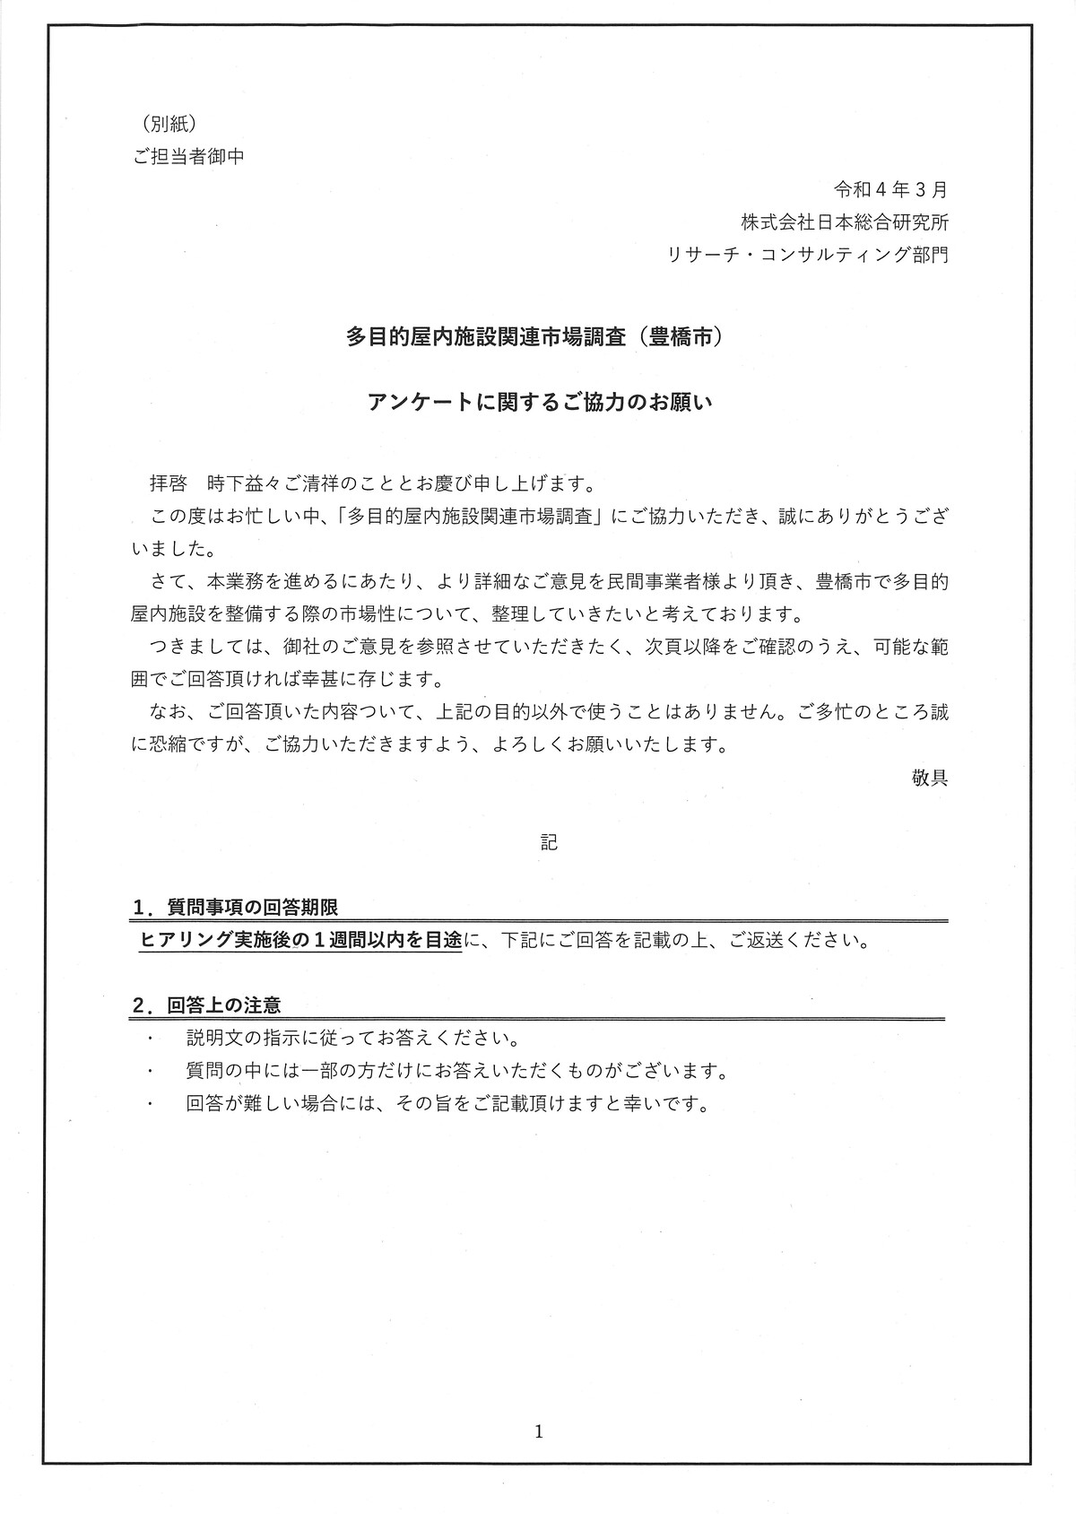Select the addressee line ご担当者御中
coord(188,156)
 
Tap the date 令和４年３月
coord(889,189)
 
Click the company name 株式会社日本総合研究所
coord(844,222)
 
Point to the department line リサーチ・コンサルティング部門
coord(807,255)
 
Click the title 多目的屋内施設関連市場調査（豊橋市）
coord(534,338)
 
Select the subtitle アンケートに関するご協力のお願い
coord(539,403)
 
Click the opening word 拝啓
coord(168,483)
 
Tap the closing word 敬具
coord(929,777)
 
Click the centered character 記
coord(549,842)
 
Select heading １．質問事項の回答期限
coord(235,908)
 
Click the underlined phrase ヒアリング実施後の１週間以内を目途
coord(301,940)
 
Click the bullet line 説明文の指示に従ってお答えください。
coord(352,1039)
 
